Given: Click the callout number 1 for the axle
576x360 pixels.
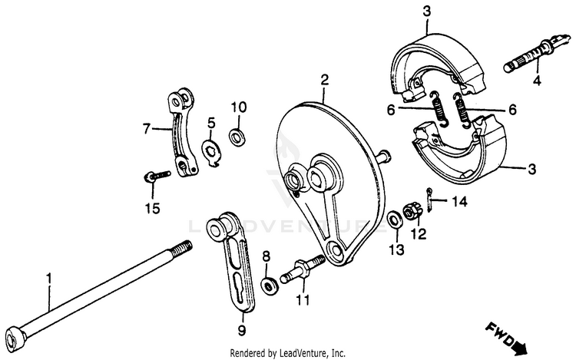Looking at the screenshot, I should pos(50,274).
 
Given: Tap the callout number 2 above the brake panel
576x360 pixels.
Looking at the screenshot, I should pos(324,79).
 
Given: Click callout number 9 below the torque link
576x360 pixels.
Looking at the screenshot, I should pos(240,331).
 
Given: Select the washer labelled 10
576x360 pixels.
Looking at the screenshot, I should pos(238,137).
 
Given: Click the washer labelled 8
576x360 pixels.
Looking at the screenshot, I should pos(270,286).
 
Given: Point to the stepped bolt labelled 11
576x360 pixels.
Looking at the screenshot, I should pos(304,271).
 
